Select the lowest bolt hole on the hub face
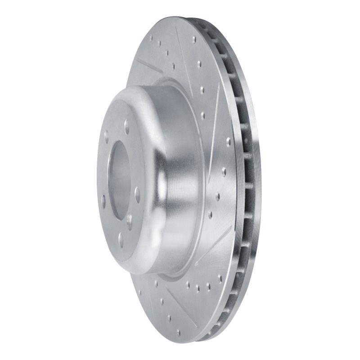[x=121, y=239]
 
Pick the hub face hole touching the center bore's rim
[x=130, y=220]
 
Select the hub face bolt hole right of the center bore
[x=137, y=194]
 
